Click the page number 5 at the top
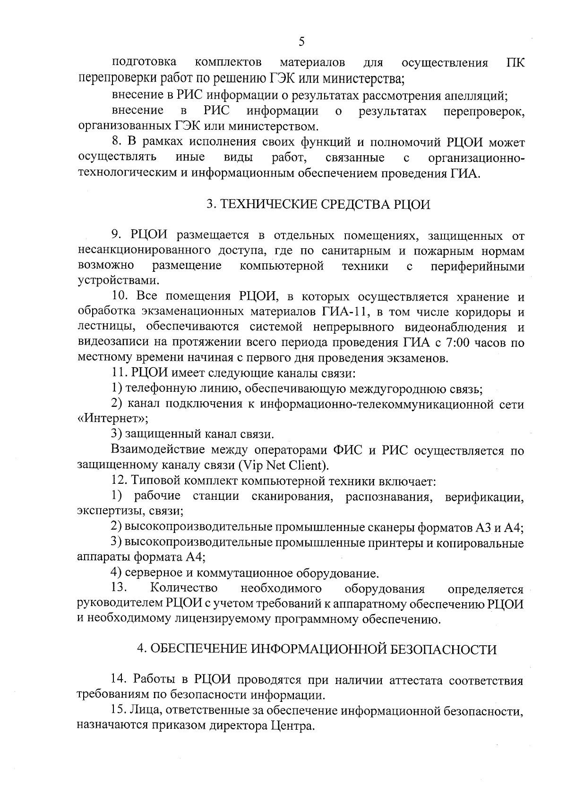point(301,42)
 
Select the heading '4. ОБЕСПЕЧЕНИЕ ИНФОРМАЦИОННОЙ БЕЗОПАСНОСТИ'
point(317,649)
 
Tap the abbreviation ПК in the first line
point(515,62)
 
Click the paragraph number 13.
point(120,589)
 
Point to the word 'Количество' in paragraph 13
point(184,589)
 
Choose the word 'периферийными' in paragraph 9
point(478,266)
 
